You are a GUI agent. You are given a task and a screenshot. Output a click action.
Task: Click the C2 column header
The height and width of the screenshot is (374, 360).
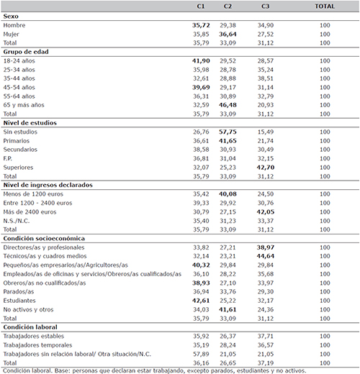click(x=228, y=6)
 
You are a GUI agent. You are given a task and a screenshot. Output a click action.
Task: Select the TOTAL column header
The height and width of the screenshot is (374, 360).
click(x=325, y=6)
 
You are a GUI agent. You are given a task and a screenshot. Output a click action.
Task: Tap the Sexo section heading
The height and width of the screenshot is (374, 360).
click(x=11, y=17)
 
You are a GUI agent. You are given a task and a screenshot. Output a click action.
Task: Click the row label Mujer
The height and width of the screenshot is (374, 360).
click(x=11, y=35)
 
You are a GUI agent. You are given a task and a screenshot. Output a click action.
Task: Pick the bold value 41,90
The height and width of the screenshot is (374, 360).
click(x=201, y=61)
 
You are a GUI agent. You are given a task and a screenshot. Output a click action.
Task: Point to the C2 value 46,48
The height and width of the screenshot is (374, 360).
click(x=228, y=105)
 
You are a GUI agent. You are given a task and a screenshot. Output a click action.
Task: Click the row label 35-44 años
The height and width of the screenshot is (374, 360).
click(x=19, y=78)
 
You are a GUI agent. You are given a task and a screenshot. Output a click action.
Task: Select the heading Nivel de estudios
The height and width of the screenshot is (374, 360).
click(x=30, y=123)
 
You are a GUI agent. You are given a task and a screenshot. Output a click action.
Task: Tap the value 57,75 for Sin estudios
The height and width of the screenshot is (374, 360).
click(x=228, y=132)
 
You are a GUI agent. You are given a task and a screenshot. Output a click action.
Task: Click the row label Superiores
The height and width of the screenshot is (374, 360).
click(x=18, y=168)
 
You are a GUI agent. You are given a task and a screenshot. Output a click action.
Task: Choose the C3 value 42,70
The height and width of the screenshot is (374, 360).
click(x=266, y=168)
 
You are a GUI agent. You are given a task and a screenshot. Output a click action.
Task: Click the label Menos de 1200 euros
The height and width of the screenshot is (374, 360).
click(x=33, y=194)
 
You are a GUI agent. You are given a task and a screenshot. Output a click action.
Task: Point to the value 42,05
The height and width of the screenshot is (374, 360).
click(x=266, y=212)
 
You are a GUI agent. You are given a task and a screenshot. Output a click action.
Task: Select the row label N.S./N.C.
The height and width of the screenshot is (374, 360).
click(x=17, y=221)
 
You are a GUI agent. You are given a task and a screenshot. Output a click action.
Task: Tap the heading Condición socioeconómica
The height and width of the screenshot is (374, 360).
click(x=44, y=239)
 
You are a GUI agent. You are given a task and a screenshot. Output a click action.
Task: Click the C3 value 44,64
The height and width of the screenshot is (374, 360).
click(x=266, y=256)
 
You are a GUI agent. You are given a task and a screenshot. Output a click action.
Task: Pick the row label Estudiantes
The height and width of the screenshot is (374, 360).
click(x=19, y=301)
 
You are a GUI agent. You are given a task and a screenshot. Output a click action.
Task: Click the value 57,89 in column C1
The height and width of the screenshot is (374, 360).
click(x=201, y=354)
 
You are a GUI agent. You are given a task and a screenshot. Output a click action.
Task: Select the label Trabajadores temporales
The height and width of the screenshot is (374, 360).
click(x=37, y=345)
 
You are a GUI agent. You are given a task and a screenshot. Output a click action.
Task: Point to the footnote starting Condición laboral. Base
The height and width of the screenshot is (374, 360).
click(x=155, y=370)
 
